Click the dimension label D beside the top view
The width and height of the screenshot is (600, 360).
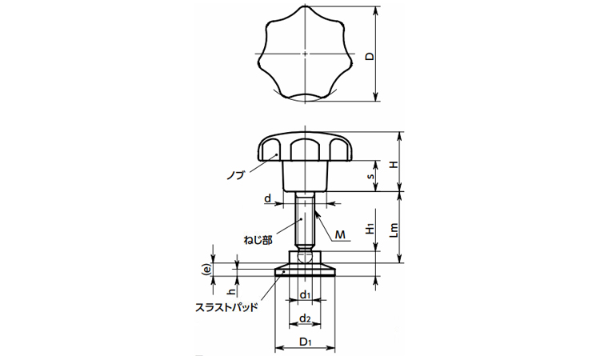pyautogui.click(x=370, y=56)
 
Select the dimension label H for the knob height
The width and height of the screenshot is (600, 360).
pyautogui.click(x=393, y=165)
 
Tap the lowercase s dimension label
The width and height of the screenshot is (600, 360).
pyautogui.click(x=370, y=176)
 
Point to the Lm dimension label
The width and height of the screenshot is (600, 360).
pyautogui.click(x=394, y=230)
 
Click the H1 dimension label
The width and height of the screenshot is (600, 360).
pyautogui.click(x=370, y=229)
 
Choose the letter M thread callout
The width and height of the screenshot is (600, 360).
pyautogui.click(x=340, y=234)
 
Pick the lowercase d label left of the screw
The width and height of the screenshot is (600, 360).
pyautogui.click(x=268, y=198)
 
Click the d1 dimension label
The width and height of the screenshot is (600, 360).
pyautogui.click(x=305, y=294)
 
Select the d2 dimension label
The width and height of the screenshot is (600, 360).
pyautogui.click(x=305, y=318)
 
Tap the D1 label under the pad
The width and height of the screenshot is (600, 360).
pyautogui.click(x=305, y=342)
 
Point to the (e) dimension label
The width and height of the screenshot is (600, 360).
pyautogui.click(x=207, y=270)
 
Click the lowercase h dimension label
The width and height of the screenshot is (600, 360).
pyautogui.click(x=230, y=292)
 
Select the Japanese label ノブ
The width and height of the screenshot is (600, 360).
pyautogui.click(x=235, y=175)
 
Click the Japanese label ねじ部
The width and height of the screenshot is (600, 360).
pyautogui.click(x=258, y=240)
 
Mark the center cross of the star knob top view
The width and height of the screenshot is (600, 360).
pyautogui.click(x=305, y=54)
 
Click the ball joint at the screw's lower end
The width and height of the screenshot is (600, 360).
pyautogui.click(x=305, y=257)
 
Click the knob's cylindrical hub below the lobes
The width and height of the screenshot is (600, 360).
pyautogui.click(x=305, y=176)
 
